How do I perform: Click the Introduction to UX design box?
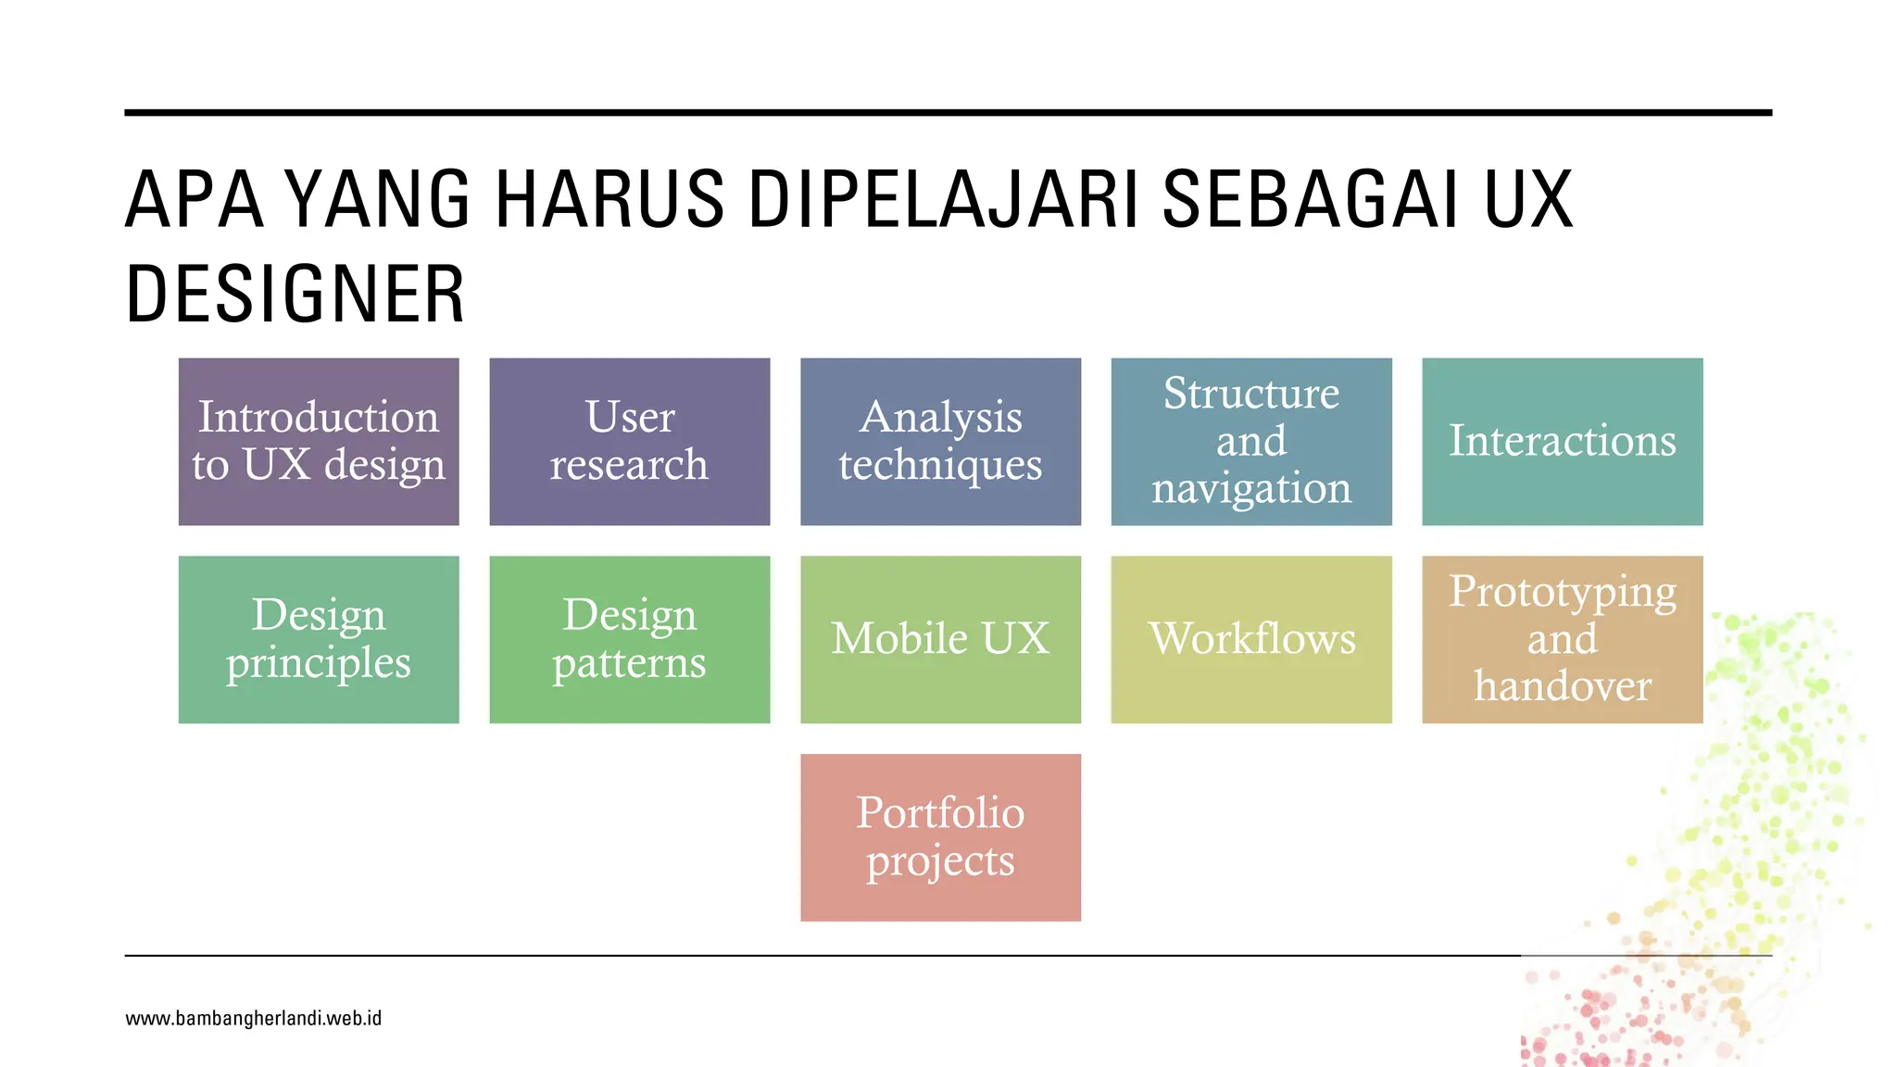click(x=319, y=442)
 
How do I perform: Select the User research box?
click(x=630, y=442)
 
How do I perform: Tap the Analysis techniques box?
click(x=940, y=442)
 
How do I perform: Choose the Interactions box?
click(x=1563, y=442)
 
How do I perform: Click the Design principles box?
click(x=319, y=639)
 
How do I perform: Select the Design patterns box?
click(x=630, y=639)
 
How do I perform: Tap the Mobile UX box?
click(x=940, y=639)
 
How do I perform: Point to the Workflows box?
click(x=1251, y=639)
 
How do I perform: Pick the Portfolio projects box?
click(x=940, y=837)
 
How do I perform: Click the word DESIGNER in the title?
click(x=295, y=295)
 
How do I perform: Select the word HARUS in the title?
click(x=609, y=199)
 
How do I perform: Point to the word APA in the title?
click(x=195, y=199)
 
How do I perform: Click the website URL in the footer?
click(x=253, y=1019)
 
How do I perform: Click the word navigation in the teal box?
click(x=1251, y=488)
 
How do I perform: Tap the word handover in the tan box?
click(x=1563, y=686)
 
